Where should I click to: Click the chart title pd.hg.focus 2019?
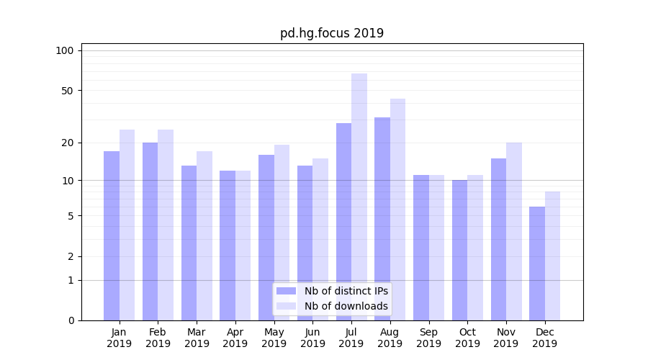(x=332, y=33)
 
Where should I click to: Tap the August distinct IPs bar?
(x=382, y=219)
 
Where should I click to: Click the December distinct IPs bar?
(x=537, y=264)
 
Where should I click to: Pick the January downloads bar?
(x=127, y=225)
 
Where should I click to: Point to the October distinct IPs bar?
(x=459, y=250)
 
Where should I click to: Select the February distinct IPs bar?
(x=150, y=231)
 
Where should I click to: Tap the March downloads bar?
(x=204, y=235)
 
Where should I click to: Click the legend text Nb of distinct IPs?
(x=346, y=291)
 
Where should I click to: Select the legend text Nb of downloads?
(x=346, y=306)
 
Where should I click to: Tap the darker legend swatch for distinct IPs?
(x=286, y=291)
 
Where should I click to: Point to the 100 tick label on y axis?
(x=65, y=50)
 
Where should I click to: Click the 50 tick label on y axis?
(x=67, y=91)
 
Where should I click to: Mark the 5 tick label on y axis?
(x=71, y=216)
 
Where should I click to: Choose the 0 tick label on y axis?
(x=71, y=320)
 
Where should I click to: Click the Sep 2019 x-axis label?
(x=428, y=338)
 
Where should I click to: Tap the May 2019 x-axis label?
(x=274, y=338)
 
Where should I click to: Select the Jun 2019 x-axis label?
(x=312, y=338)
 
